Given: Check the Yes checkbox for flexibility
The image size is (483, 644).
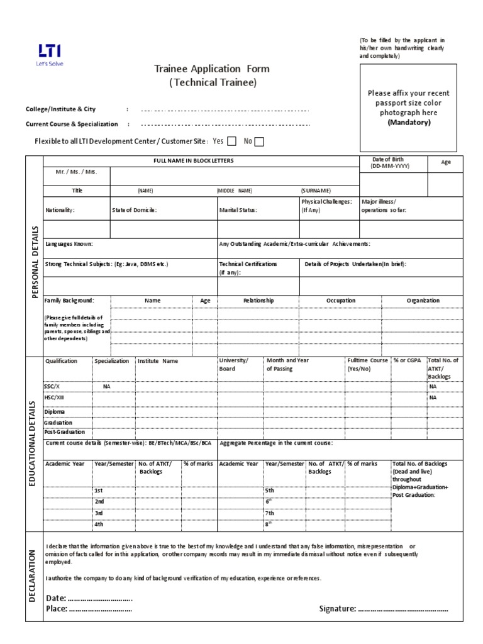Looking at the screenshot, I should click(231, 142).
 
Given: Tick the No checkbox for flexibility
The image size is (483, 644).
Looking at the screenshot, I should click(259, 142).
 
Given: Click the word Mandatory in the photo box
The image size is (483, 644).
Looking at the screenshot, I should click(409, 123).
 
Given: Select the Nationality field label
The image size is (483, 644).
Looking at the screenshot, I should click(60, 210).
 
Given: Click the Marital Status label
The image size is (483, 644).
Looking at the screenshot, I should click(238, 210).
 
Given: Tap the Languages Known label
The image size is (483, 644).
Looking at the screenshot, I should click(69, 243).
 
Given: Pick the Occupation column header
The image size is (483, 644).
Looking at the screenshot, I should click(340, 301).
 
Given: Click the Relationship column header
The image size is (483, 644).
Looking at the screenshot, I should click(258, 301).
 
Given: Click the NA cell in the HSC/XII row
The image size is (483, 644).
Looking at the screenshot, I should click(433, 398).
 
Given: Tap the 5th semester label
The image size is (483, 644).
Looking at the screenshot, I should click(270, 490).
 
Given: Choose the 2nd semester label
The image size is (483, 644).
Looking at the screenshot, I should click(99, 501).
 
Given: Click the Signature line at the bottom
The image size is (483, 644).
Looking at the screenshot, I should click(402, 609).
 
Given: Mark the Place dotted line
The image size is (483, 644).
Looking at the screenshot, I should click(100, 609).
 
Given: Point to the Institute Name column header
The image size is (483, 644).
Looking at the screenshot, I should click(158, 361).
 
